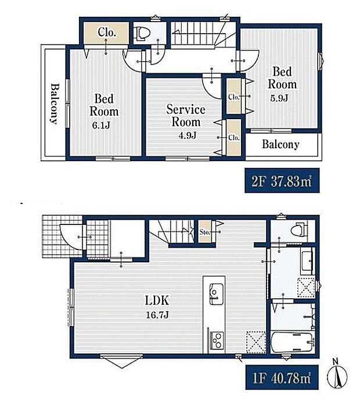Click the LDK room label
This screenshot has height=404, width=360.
(157, 301)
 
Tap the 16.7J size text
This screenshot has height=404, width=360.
(157, 315)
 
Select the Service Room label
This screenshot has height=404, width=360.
(186, 116)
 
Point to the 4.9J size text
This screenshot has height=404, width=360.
(188, 135)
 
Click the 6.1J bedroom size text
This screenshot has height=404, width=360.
(101, 125)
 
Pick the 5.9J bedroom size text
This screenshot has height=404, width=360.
(279, 98)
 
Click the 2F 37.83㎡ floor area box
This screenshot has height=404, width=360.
(282, 180)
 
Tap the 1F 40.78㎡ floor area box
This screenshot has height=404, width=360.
(282, 377)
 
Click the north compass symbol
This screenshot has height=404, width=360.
(337, 375)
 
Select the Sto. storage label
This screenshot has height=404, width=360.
(205, 232)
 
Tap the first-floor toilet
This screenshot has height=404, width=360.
(298, 229)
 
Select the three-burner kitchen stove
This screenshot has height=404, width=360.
(217, 341)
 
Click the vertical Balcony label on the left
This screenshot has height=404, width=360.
(55, 103)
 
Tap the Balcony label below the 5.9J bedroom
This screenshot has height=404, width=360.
(280, 145)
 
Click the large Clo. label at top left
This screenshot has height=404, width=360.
(106, 33)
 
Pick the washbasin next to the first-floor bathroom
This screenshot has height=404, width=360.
(307, 261)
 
